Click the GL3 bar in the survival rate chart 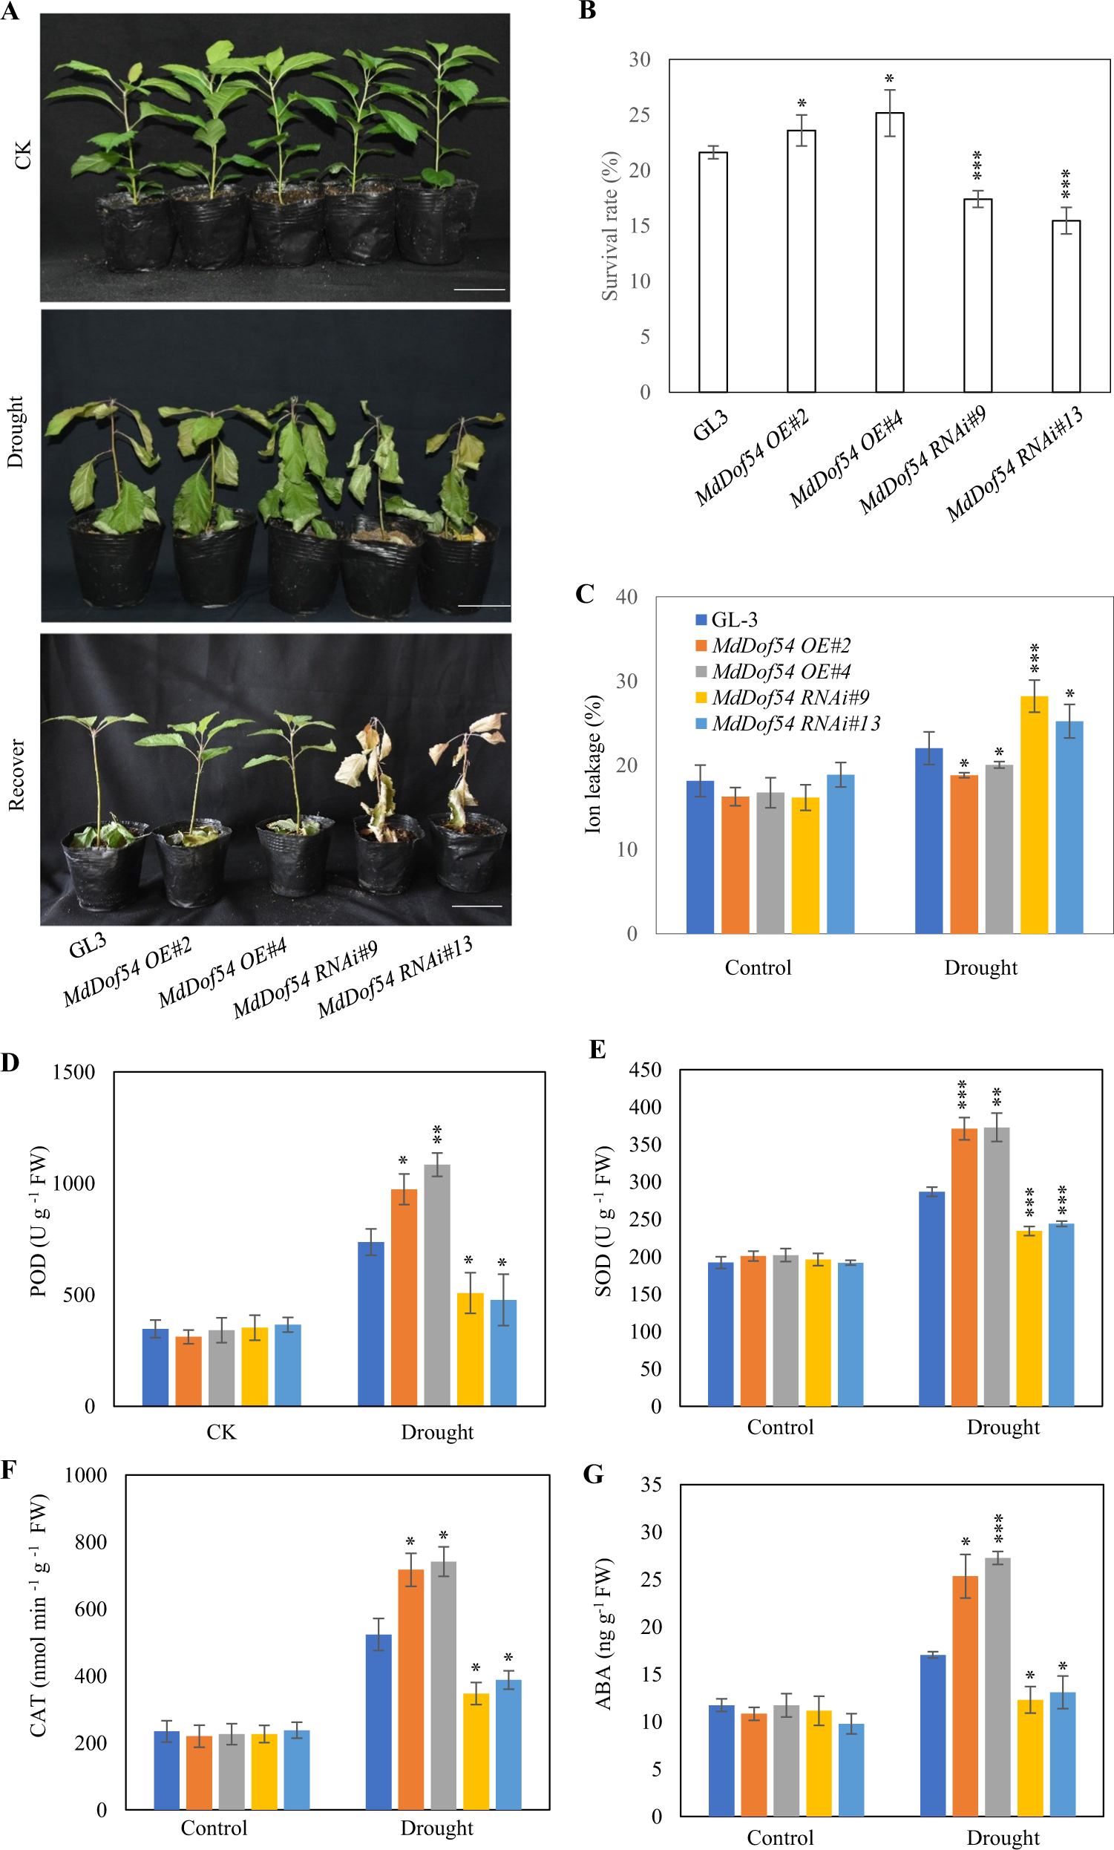(x=712, y=272)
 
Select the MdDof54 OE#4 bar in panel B (x=890, y=252)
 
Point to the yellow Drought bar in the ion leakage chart (x=1034, y=814)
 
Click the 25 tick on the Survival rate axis (x=640, y=115)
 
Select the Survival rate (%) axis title (x=609, y=226)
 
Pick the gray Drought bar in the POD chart (x=437, y=1284)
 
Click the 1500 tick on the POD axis (x=73, y=1072)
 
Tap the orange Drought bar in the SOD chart (x=964, y=1266)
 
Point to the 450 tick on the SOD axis (x=645, y=1069)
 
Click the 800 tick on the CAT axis (x=90, y=1542)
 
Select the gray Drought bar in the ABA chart (x=997, y=1687)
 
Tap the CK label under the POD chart (x=221, y=1432)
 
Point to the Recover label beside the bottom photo (x=16, y=775)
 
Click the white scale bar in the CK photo (x=479, y=289)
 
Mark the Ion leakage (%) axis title (x=593, y=764)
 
